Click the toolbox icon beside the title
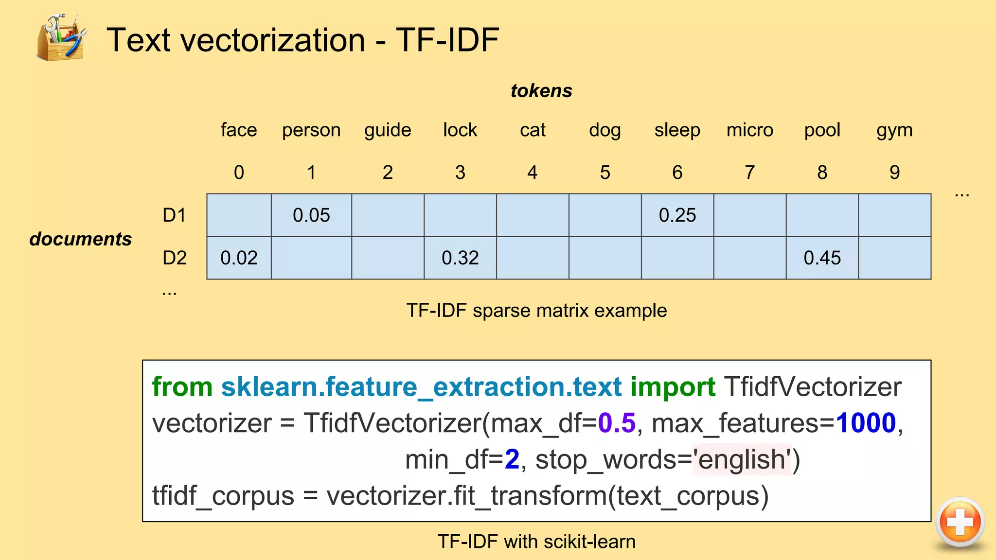click(61, 38)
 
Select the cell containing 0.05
click(311, 215)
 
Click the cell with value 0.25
click(677, 215)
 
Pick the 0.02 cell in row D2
click(239, 258)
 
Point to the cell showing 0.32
click(460, 258)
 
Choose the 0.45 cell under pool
click(822, 258)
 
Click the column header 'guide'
click(388, 130)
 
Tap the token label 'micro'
click(749, 130)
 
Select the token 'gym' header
click(894, 130)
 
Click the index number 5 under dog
click(605, 173)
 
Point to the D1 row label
click(174, 215)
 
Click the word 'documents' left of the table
click(81, 239)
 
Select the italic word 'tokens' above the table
click(541, 91)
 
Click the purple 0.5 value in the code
click(616, 422)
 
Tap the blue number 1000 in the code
click(866, 422)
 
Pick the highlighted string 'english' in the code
click(742, 459)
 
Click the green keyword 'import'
click(673, 387)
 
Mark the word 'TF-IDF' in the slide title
click(447, 40)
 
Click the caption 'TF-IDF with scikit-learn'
click(536, 542)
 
